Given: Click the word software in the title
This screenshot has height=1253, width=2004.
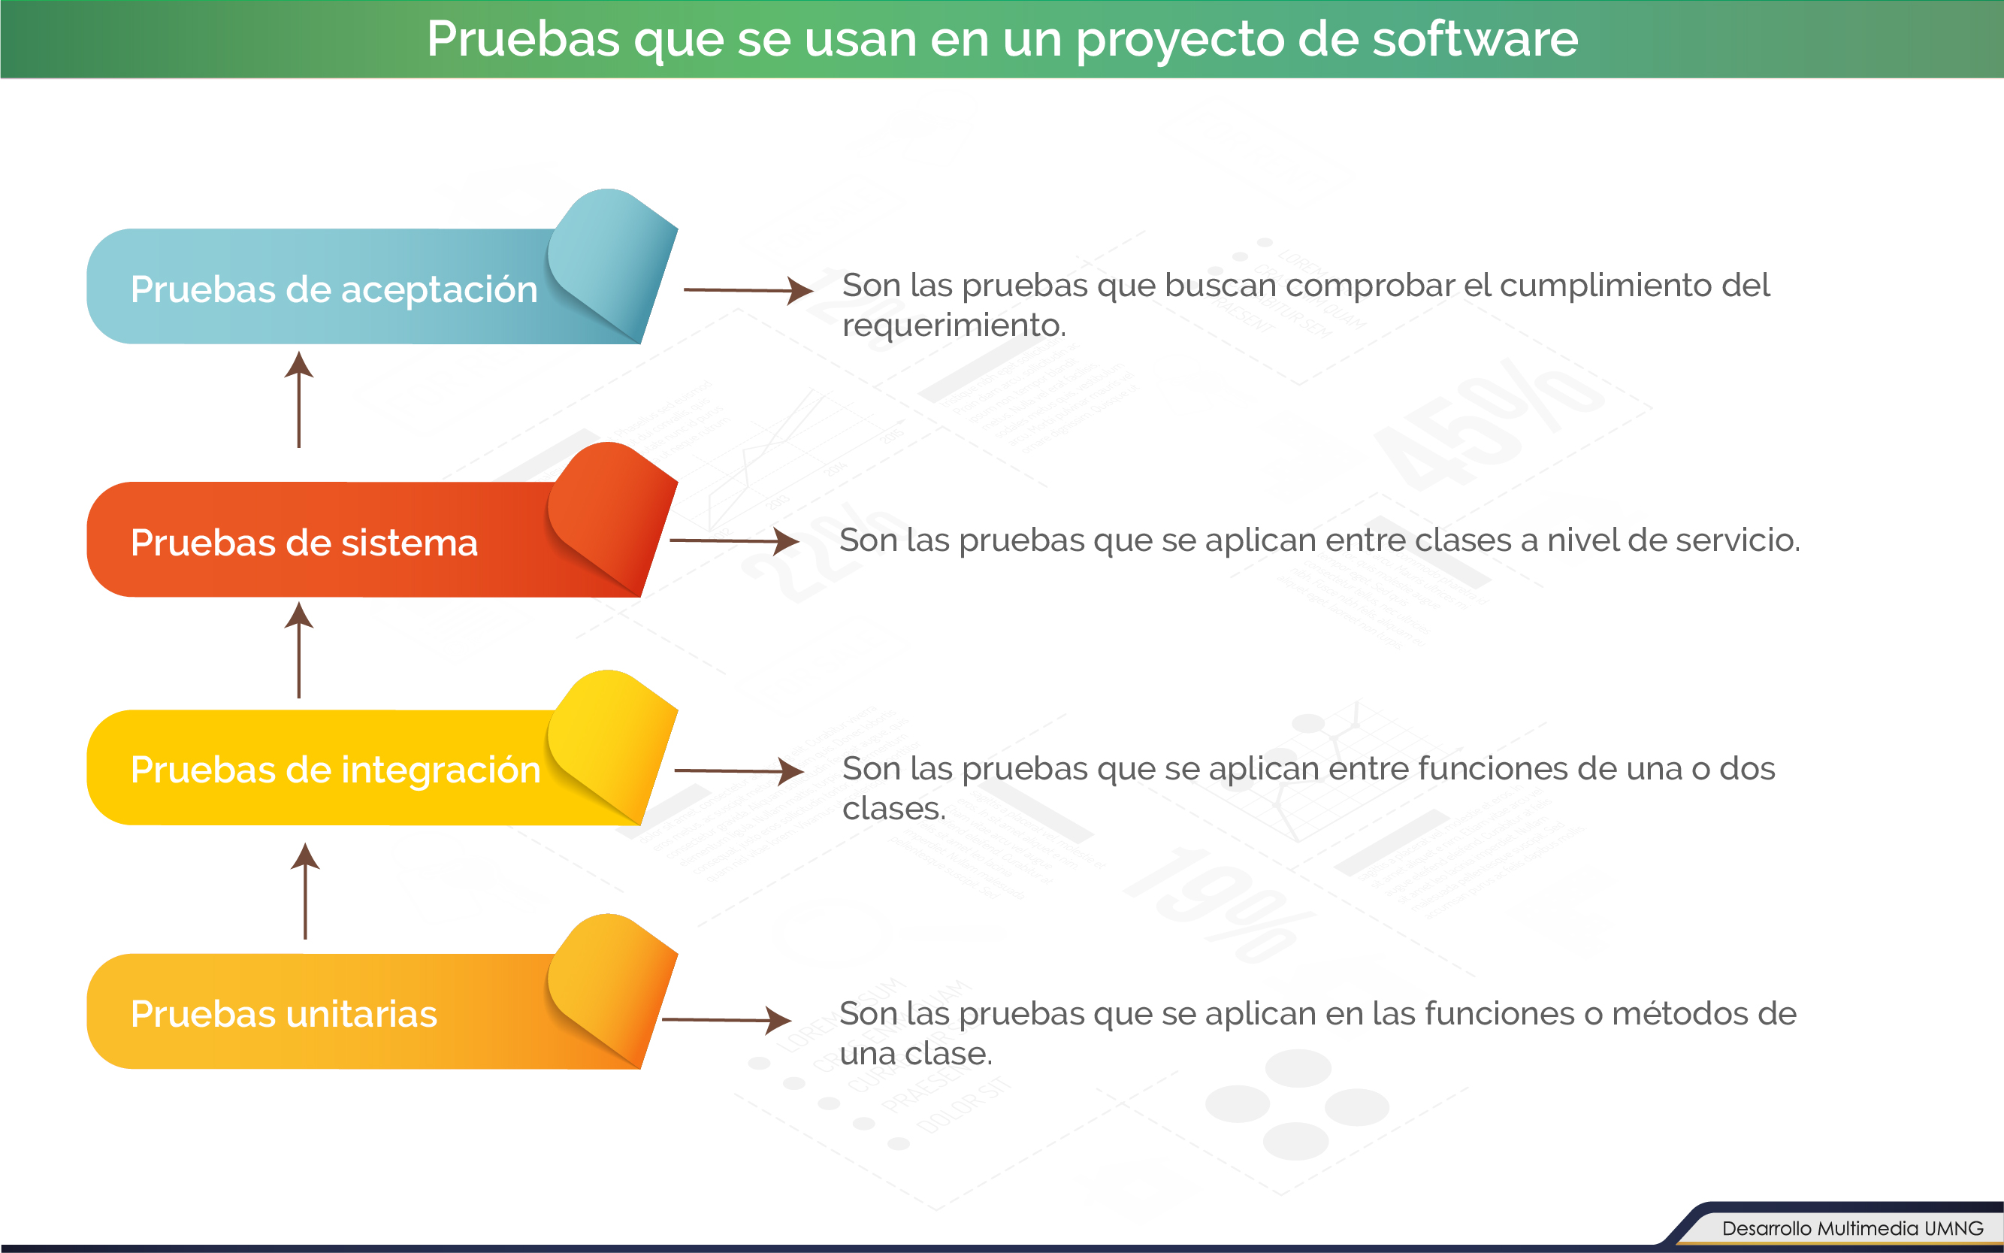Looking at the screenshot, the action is (x=1474, y=39).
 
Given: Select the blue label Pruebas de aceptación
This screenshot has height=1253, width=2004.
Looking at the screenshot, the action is (x=334, y=290).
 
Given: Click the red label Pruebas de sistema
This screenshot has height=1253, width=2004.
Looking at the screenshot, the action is (x=304, y=543).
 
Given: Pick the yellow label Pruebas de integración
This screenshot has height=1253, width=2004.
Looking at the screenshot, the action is (x=336, y=770).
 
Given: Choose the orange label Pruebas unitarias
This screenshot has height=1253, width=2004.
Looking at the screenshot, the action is (x=284, y=1014).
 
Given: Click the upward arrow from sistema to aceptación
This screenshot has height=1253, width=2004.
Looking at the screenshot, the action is (x=299, y=399).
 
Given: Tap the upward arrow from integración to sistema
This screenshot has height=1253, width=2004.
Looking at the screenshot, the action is (x=299, y=649).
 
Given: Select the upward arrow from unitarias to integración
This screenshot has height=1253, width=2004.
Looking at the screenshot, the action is (x=305, y=891).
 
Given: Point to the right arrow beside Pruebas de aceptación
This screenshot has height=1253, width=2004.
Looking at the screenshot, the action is (x=748, y=290).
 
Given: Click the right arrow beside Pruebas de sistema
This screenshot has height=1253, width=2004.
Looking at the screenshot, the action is (x=734, y=540).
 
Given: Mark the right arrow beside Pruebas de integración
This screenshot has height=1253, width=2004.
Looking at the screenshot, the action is (x=739, y=770).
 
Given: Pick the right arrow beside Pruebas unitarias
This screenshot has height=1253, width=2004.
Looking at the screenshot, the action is (x=727, y=1020).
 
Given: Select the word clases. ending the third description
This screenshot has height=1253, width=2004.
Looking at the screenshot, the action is (x=894, y=809).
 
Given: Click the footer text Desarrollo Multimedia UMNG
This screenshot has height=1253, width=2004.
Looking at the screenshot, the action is (x=1852, y=1228).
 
